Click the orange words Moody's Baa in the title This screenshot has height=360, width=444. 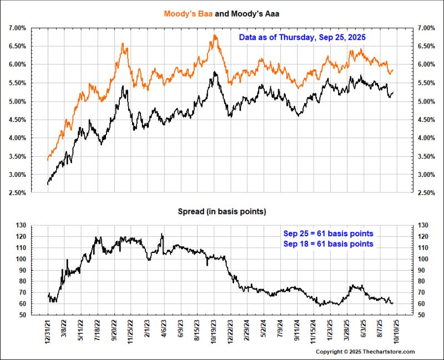point(186,12)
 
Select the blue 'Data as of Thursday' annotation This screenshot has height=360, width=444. point(302,37)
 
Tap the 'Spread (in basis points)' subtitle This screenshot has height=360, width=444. point(221,211)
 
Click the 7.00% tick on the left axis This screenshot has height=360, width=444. point(17,28)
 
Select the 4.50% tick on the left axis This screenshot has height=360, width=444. point(17,119)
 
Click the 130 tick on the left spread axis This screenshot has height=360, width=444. point(20,225)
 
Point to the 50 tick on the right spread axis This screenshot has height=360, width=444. point(422,315)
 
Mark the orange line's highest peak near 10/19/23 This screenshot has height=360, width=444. point(214,36)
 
